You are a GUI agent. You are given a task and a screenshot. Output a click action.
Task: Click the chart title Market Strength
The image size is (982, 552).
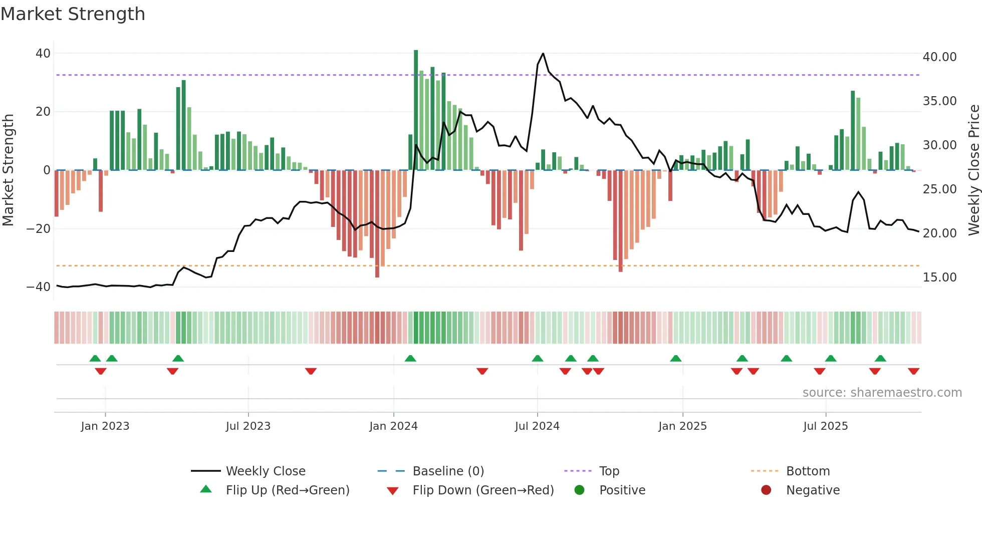pos(73,14)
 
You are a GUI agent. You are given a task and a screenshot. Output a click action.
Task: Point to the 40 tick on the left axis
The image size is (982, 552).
pos(43,53)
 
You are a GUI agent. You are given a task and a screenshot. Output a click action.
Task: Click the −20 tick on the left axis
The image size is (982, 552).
pos(39,229)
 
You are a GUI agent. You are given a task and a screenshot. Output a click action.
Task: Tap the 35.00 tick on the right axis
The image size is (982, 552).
pos(939,101)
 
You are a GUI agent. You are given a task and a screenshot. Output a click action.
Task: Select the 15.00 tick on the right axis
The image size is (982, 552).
pos(939,278)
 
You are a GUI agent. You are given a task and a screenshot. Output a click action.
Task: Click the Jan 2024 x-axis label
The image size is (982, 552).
pos(393,426)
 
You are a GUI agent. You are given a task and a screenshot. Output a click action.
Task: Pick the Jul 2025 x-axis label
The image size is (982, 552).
pos(825,426)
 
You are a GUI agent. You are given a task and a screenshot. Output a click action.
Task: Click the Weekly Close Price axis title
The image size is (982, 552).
pos(973,170)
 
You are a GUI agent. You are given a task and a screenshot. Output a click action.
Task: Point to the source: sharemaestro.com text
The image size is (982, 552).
pos(882,393)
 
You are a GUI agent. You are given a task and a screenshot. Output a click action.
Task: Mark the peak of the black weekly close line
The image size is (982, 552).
pos(543,54)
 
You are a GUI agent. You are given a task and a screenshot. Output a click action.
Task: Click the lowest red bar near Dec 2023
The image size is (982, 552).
pos(377,225)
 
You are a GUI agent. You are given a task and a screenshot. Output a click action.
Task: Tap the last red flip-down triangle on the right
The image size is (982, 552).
pos(913,371)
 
